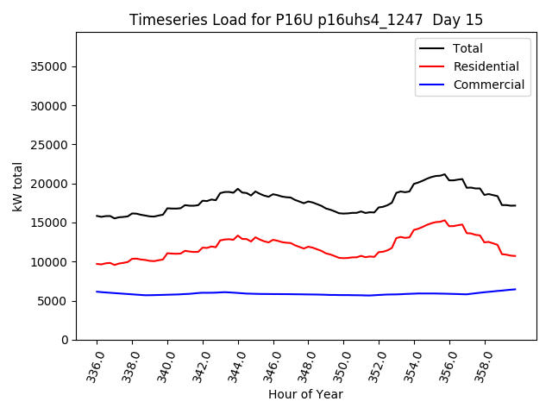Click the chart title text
[306, 20]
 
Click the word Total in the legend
[468, 48]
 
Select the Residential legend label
[486, 66]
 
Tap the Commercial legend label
[489, 85]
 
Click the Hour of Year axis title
[305, 394]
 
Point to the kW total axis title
[17, 186]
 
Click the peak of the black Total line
[445, 174]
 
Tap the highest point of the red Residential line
[445, 220]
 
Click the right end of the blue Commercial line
[515, 289]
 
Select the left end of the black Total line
[97, 216]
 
